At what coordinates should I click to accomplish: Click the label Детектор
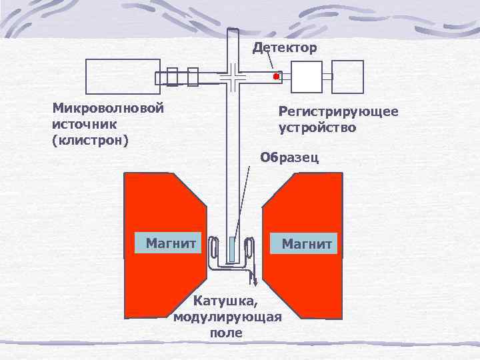coord(285,48)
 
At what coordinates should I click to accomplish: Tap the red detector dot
coord(275,77)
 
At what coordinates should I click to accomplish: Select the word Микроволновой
coord(108,107)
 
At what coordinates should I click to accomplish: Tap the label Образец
coord(290,158)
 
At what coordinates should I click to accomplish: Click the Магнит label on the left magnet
coord(166,243)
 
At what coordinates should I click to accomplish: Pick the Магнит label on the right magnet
coord(306,243)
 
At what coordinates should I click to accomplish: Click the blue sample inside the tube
coord(231,250)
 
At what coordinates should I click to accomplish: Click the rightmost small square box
coord(348,76)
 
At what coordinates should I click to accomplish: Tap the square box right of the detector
coord(307,77)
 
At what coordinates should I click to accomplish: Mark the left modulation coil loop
coord(213,250)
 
